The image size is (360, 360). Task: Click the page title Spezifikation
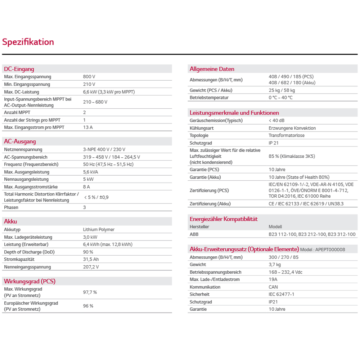tap(28, 42)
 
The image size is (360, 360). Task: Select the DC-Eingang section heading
tap(19, 69)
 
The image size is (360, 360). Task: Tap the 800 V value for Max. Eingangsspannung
tap(89, 77)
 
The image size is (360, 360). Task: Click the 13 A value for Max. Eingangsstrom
tap(88, 127)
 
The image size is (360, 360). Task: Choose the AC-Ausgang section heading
tap(20, 141)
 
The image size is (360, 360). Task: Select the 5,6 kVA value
tap(90, 172)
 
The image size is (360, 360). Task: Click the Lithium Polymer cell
tap(99, 229)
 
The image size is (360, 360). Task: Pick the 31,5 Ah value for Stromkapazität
tap(91, 260)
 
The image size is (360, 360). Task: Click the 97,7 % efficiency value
tap(90, 292)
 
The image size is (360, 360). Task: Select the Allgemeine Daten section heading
tap(212, 69)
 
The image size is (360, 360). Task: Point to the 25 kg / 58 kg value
tap(282, 90)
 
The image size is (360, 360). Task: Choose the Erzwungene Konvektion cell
tap(292, 128)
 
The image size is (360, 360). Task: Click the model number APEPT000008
tap(332, 249)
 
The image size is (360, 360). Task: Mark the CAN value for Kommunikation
tap(273, 287)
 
